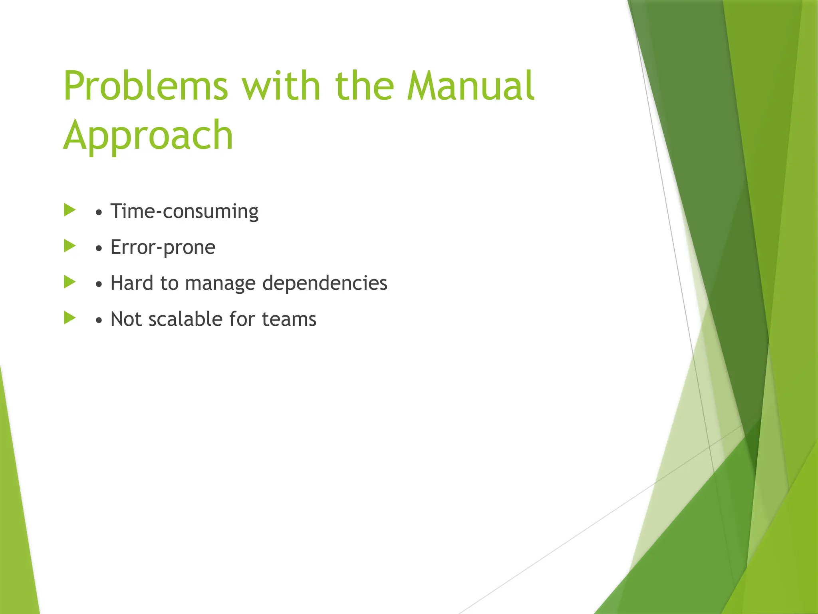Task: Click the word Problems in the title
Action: click(x=146, y=86)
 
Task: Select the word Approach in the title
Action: click(x=148, y=136)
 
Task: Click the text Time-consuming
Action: click(x=184, y=211)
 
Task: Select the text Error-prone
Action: click(x=163, y=247)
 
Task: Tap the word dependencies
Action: click(x=324, y=283)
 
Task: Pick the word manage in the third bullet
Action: click(x=220, y=283)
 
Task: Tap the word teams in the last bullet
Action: click(x=289, y=319)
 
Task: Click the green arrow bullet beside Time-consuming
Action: click(x=69, y=210)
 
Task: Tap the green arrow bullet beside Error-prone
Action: click(x=69, y=246)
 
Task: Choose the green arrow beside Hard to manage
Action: click(x=69, y=282)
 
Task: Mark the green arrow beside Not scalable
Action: click(x=69, y=318)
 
